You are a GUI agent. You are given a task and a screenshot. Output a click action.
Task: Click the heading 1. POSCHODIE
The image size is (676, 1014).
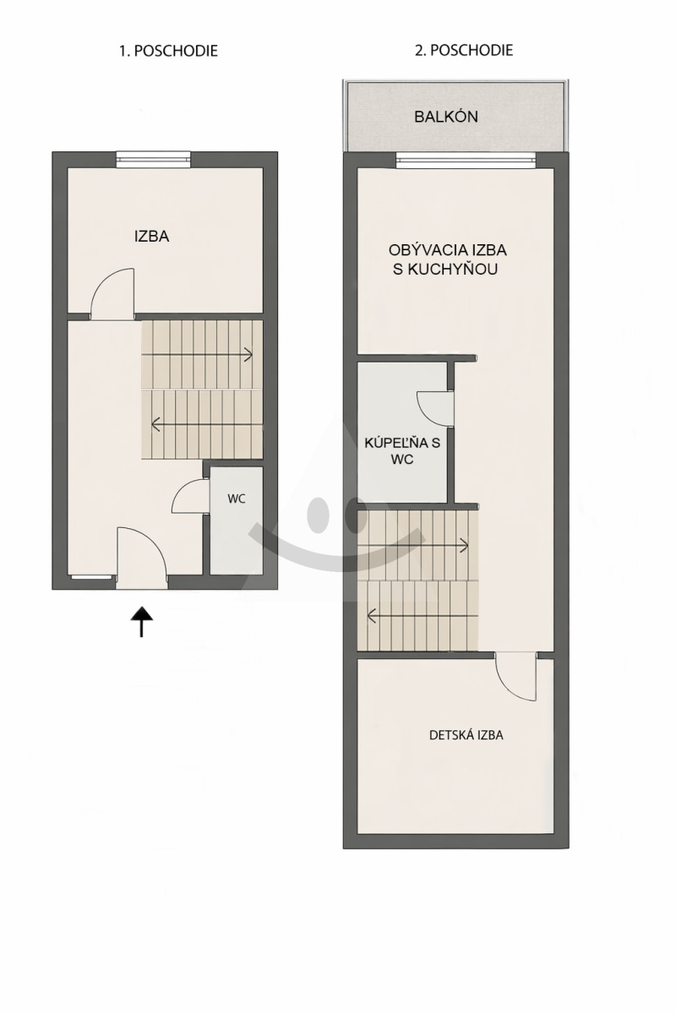(168, 50)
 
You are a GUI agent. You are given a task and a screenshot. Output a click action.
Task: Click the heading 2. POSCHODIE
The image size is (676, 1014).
(464, 50)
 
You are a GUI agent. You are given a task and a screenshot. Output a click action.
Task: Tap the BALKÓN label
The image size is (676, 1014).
(446, 117)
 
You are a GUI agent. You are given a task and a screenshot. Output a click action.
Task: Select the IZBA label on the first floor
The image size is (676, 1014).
(152, 237)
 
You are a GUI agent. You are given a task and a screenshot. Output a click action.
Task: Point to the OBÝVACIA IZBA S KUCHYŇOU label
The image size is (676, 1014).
(447, 259)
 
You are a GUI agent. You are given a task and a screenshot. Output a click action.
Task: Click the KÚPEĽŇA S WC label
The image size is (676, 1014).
(402, 451)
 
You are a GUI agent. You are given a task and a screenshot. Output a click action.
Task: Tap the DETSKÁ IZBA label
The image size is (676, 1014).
(466, 734)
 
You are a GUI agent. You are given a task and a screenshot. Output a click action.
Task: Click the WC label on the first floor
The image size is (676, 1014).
(237, 499)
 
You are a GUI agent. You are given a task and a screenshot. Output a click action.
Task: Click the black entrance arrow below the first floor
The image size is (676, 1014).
(142, 622)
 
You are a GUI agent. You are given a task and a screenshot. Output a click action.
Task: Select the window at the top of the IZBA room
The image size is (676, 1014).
(153, 159)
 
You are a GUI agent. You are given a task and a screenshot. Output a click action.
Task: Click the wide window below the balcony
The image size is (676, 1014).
(466, 160)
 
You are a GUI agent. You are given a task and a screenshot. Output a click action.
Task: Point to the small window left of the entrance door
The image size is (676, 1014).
(92, 577)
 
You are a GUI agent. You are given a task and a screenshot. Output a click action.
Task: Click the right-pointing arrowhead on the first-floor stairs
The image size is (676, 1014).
(248, 354)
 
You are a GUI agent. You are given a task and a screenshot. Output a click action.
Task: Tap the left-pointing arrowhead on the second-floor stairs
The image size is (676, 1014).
(372, 616)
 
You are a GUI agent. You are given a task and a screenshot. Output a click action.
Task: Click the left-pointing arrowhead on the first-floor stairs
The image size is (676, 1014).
(155, 424)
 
